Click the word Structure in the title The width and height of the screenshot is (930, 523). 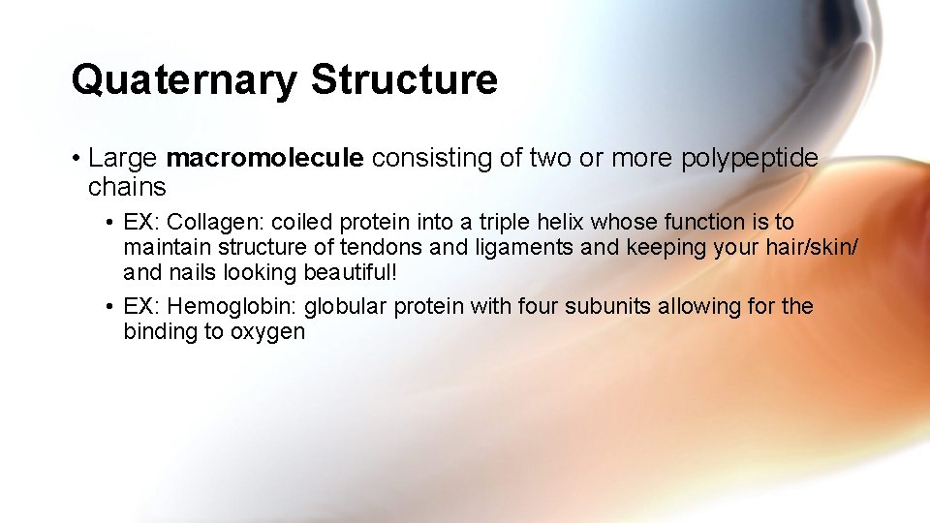tap(404, 79)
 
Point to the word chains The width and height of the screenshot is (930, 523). tap(127, 186)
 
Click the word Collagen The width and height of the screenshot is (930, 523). tap(209, 223)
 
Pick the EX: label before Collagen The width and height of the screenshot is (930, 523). tap(142, 223)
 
